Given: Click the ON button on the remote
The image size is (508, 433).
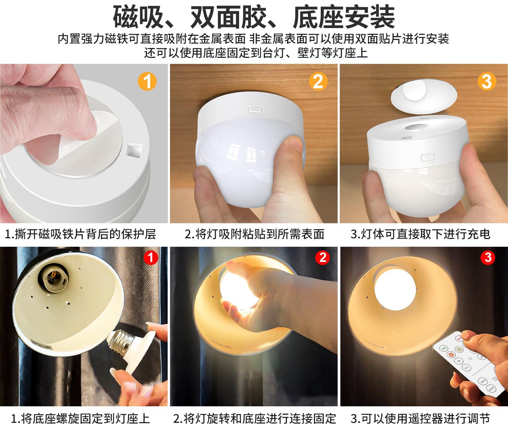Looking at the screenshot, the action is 444,348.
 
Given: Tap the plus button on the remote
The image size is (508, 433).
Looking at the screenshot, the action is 459,361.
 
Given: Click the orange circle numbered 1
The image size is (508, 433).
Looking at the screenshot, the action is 147,82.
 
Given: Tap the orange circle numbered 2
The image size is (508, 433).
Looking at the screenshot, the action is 318,82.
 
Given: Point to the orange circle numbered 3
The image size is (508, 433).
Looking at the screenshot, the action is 487,82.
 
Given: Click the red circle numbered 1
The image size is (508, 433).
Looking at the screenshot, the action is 150,258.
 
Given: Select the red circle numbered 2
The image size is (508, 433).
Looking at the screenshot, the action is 322,258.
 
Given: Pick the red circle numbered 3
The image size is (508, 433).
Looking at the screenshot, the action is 488,258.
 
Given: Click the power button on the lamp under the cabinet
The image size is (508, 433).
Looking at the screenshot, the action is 255,109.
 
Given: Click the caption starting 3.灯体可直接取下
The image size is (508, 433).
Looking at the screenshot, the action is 421,234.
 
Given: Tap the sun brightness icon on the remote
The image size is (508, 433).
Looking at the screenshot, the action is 470,359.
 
